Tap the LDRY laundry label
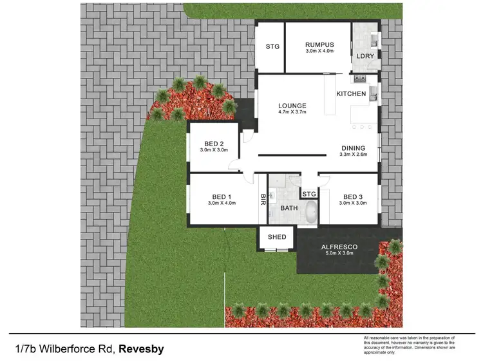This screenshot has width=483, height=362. click(364, 56)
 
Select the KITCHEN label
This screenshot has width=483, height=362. click(351, 94)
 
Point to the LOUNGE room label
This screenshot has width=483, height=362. click(292, 106)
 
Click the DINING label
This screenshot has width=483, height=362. click(354, 147)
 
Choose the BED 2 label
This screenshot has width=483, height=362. click(214, 143)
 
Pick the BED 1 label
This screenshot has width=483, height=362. click(222, 196)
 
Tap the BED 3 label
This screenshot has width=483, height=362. click(353, 196)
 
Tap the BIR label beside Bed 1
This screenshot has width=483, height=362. click(263, 200)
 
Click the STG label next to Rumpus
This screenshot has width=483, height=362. click(272, 46)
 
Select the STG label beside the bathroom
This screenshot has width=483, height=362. click(309, 194)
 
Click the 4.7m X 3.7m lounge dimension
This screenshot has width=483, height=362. click(292, 113)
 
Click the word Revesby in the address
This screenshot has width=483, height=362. click(141, 349)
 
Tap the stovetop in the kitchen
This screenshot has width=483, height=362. click(358, 79)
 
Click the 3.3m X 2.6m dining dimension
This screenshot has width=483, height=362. click(354, 155)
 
